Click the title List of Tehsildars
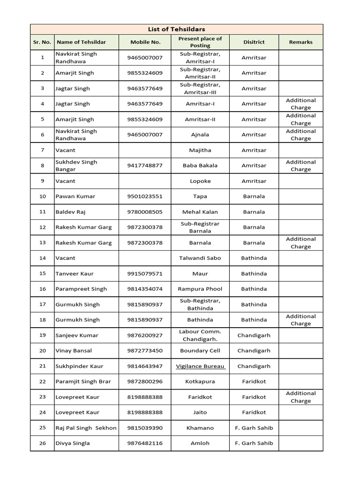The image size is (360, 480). pos(177,30)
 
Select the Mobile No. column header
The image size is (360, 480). pos(145,42)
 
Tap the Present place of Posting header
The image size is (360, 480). pos(200,42)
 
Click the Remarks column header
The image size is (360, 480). pos(300,42)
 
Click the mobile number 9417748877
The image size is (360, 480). pos(145,165)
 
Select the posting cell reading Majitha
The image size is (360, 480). pos(200,150)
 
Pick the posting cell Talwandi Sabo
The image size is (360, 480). pos(200,258)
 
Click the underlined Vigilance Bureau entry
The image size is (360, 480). pos(200,366)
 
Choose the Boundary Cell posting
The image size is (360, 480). pos(200,351)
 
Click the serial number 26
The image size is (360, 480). pos(43,443)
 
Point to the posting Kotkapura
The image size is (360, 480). pos(200,382)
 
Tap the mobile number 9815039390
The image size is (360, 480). pos(145,427)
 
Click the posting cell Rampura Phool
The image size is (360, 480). pos(200,289)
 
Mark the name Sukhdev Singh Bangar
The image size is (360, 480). pos(76,165)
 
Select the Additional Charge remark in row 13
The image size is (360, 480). pos(300,243)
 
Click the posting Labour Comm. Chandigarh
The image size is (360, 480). pos(200,335)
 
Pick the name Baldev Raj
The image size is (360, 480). pos(71,212)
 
